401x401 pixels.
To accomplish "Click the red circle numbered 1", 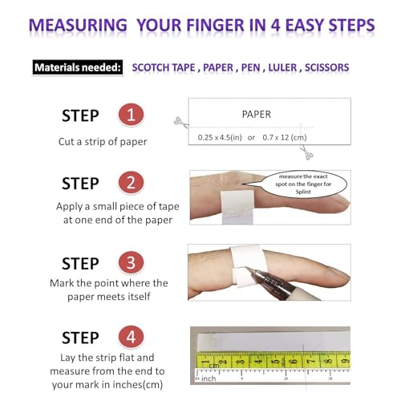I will [131, 115].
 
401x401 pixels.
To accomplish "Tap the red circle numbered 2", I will [131, 184].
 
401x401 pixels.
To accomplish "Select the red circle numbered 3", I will [131, 263].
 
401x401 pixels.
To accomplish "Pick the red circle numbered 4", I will [131, 337].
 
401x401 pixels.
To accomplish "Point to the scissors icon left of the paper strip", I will [179, 123].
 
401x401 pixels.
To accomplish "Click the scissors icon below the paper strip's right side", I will [308, 154].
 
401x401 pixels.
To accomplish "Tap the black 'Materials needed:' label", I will [78, 67].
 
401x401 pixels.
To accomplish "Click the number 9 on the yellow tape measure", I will [343, 363].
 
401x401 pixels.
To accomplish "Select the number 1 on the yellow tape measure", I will [216, 363].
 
